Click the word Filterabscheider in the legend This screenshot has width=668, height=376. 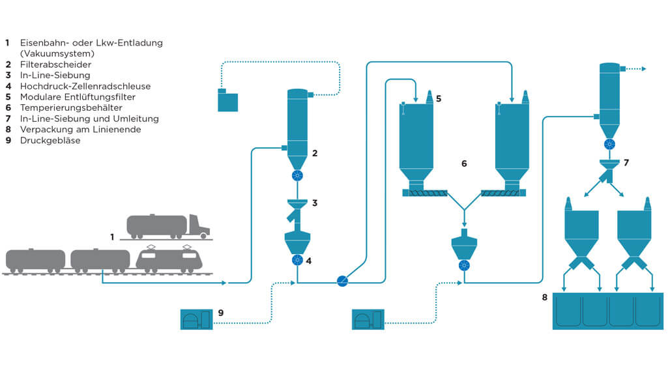[55, 65]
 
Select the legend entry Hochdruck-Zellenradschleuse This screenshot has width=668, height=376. [85, 86]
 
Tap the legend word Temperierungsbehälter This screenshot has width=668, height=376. [71, 108]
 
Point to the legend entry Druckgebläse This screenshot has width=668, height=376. [50, 140]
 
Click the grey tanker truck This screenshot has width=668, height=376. [167, 225]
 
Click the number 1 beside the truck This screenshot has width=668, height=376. [112, 237]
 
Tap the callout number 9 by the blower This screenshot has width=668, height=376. [221, 313]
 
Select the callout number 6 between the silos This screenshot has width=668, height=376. [464, 164]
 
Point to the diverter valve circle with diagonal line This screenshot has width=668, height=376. [343, 281]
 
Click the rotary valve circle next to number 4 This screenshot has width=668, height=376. [297, 260]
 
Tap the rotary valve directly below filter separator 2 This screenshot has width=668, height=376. [297, 176]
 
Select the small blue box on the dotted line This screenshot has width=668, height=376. [227, 101]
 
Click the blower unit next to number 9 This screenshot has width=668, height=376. [196, 319]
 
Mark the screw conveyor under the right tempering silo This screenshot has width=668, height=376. [503, 192]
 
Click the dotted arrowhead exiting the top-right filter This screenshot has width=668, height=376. [643, 68]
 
